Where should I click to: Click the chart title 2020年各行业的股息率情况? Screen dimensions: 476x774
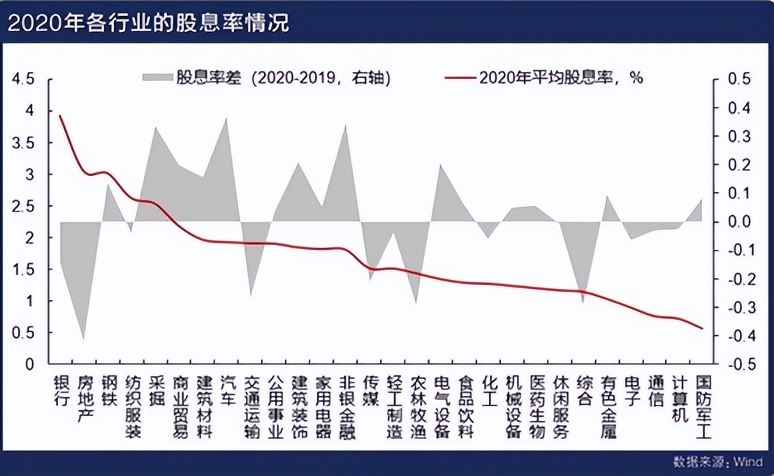coord(147,22)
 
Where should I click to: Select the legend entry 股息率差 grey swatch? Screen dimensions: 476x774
coord(157,77)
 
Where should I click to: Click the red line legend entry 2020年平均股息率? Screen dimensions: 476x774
coord(461,77)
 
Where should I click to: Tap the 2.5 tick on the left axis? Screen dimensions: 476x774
coord(23,206)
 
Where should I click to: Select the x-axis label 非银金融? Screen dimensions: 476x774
coord(346,407)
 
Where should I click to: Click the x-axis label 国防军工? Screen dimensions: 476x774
coord(703,407)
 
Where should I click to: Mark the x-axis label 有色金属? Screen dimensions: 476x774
coord(608,407)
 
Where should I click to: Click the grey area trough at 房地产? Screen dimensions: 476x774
coord(85,339)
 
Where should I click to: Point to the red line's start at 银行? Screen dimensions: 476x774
coord(60,116)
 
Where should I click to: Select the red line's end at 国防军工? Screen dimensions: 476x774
coord(703,329)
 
